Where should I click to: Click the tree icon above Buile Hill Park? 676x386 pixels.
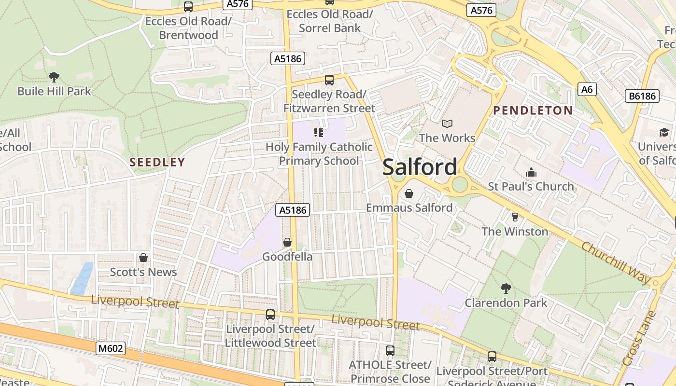[54, 76]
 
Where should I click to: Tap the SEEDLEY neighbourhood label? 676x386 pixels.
[157, 162]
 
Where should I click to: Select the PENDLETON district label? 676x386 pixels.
[533, 110]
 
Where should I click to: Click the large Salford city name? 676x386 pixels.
[420, 167]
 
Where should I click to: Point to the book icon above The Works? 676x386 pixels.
[447, 124]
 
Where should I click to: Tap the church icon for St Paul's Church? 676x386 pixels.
[531, 172]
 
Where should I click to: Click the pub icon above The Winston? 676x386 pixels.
[515, 217]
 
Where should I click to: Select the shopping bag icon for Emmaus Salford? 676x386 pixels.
[409, 193]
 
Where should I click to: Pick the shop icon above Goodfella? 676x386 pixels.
[287, 242]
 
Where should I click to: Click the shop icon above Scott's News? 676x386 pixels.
[143, 258]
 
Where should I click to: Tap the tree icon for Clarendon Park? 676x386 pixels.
[506, 289]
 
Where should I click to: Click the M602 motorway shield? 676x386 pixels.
[111, 348]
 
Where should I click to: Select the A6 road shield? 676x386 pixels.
[587, 89]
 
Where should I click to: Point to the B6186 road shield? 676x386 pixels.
[643, 96]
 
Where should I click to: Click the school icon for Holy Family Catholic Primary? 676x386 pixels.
[319, 132]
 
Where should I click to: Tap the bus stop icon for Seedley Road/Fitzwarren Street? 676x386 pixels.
[329, 80]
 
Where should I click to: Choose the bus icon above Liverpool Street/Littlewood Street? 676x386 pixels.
[270, 315]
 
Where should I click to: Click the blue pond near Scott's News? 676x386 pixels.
[82, 278]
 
